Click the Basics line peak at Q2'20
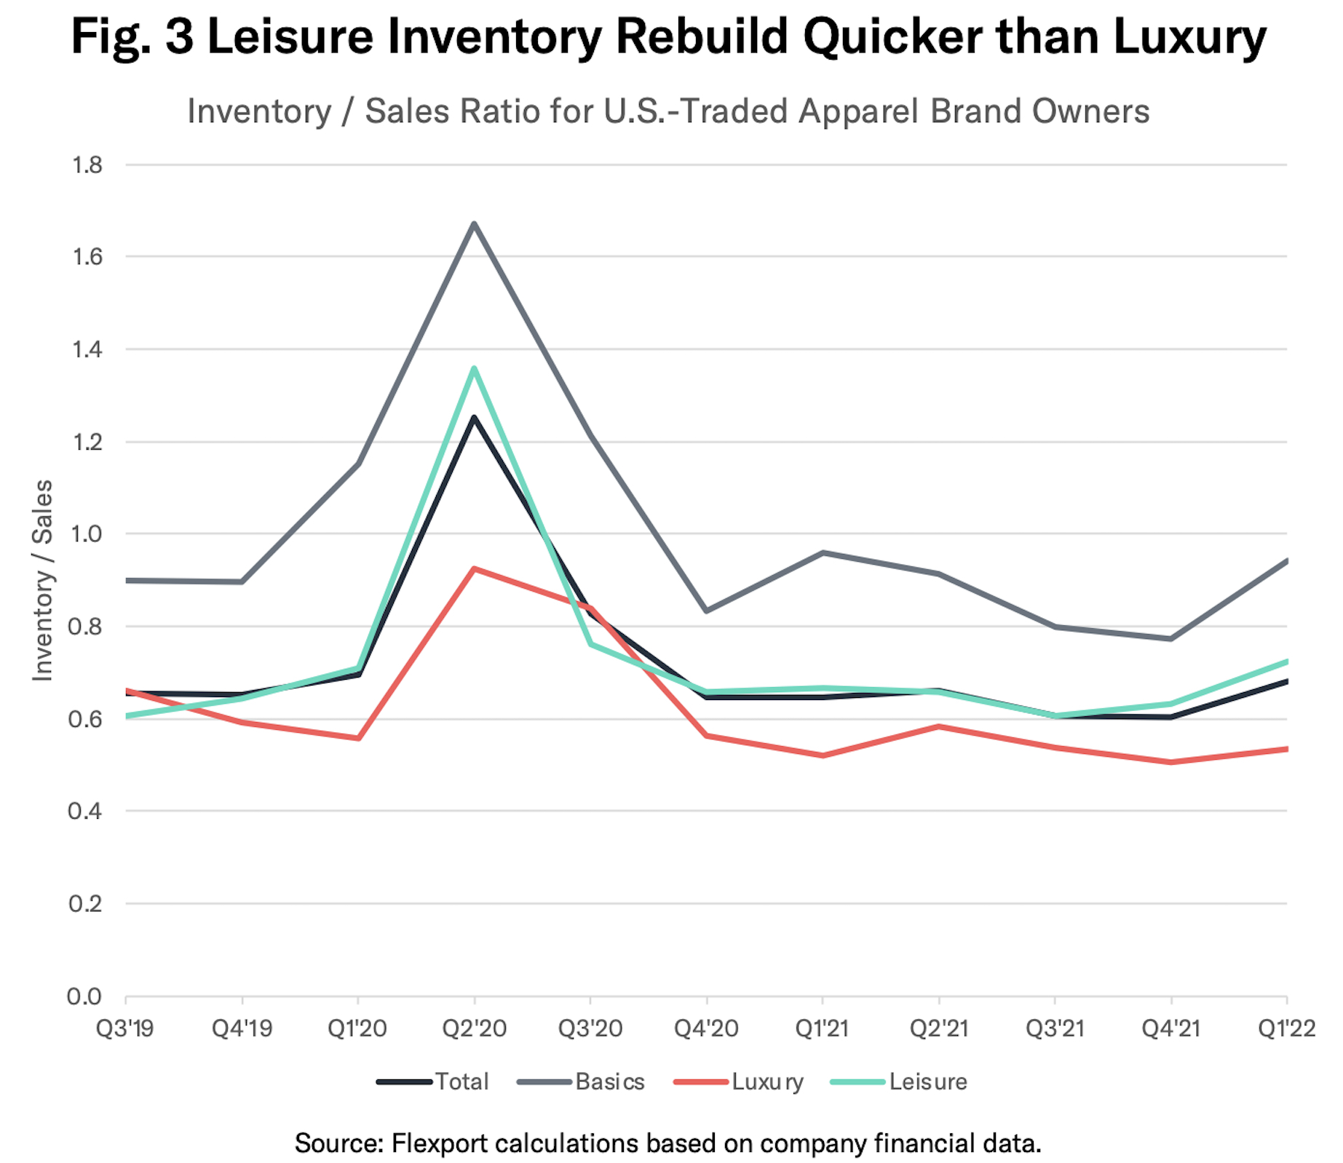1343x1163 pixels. coord(474,223)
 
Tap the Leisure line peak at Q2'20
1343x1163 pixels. coord(474,368)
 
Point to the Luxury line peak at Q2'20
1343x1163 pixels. coord(474,568)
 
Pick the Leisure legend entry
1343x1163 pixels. coord(899,1081)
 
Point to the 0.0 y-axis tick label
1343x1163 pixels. coord(85,996)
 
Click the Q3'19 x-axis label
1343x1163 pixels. coord(125,1028)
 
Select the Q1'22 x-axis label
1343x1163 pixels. coord(1287,1028)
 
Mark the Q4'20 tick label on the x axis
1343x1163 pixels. coord(706,1028)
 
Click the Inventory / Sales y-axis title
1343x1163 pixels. coord(43,580)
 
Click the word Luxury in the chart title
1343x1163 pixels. coord(1189,36)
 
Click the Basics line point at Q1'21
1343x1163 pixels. coord(823,552)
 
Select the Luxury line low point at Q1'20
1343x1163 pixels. coord(358,738)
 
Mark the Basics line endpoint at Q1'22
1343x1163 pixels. coord(1286,560)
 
